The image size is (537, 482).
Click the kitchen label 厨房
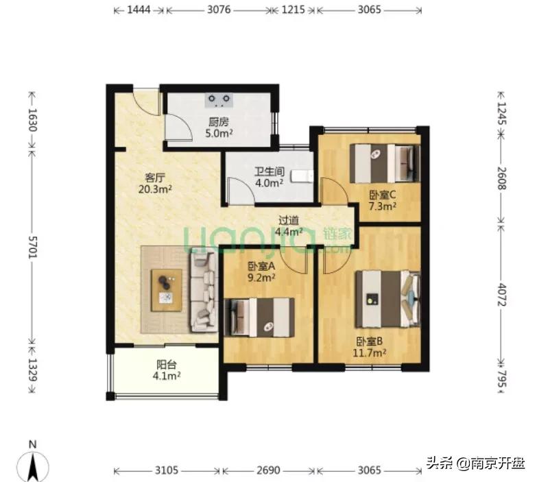[x=219, y=122]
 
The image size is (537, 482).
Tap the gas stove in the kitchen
[x=219, y=100]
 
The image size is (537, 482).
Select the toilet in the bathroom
[x=302, y=176]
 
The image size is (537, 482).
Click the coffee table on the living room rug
[x=167, y=290]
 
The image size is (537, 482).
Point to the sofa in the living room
[x=204, y=291]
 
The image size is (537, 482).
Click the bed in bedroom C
[x=385, y=164]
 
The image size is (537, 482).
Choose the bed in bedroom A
[x=259, y=317]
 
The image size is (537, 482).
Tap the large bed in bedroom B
[x=388, y=300]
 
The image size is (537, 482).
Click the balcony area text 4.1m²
[x=167, y=376]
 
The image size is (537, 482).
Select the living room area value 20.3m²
[x=155, y=189]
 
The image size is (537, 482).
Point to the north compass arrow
[x=33, y=466]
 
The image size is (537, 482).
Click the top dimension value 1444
[x=139, y=10]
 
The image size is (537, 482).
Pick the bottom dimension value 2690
[x=269, y=471]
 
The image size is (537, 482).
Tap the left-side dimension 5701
[x=33, y=247]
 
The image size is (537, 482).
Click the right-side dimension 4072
[x=501, y=294]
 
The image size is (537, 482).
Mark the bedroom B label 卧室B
[x=370, y=341]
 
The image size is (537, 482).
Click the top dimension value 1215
[x=293, y=10]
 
